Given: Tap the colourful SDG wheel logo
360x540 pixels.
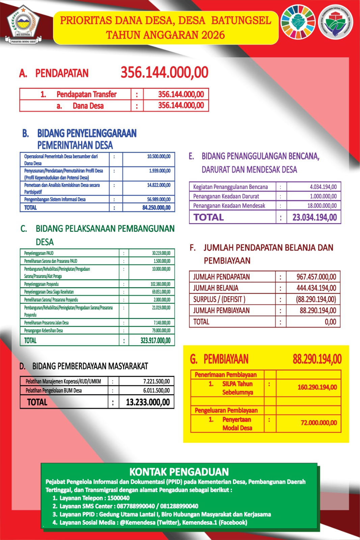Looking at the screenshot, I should pyautogui.click(x=298, y=22).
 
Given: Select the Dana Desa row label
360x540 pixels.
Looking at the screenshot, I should pyautogui.click(x=88, y=106).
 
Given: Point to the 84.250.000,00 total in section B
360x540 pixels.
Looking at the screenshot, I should pyautogui.click(x=156, y=208).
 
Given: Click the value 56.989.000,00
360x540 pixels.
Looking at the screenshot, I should pyautogui.click(x=159, y=199).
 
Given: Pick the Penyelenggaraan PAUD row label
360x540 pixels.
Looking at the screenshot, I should pyautogui.click(x=39, y=253).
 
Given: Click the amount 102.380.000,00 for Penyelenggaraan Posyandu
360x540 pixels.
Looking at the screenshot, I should pyautogui.click(x=160, y=284).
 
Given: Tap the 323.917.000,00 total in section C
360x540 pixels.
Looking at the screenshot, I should pyautogui.click(x=155, y=340).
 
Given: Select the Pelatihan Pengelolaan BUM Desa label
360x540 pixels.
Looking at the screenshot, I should pyautogui.click(x=54, y=390).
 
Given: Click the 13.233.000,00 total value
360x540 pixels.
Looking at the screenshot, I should pyautogui.click(x=148, y=402).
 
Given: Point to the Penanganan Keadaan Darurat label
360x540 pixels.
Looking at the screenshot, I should pyautogui.click(x=226, y=196).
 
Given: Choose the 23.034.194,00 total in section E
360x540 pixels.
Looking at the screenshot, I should pyautogui.click(x=314, y=217).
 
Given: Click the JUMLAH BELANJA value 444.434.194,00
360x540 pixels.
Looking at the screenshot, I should pyautogui.click(x=316, y=288).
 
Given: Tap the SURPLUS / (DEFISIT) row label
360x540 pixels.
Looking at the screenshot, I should pyautogui.click(x=219, y=299).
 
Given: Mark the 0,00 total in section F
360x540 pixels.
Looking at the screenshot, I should pyautogui.click(x=330, y=322).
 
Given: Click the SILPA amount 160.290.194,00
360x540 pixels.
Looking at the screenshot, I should pyautogui.click(x=317, y=387).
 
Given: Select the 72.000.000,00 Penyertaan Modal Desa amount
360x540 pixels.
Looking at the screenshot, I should pyautogui.click(x=319, y=423).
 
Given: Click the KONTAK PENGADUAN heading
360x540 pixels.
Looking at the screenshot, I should pyautogui.click(x=179, y=472).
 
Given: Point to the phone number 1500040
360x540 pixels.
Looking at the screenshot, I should pyautogui.click(x=118, y=498).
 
